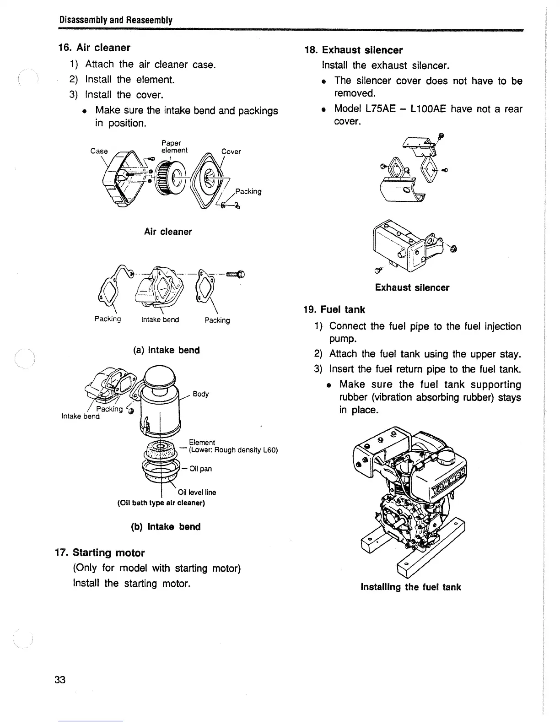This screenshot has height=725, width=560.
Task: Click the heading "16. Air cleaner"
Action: click(x=94, y=48)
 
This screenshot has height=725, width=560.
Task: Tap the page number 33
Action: click(x=60, y=680)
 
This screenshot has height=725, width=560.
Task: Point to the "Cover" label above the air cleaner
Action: click(x=231, y=151)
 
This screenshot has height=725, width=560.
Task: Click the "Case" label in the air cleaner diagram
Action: click(x=99, y=151)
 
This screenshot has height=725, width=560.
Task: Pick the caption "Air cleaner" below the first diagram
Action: click(x=168, y=232)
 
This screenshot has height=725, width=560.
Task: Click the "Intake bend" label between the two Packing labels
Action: click(x=160, y=320)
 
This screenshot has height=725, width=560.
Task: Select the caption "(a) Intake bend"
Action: click(x=167, y=350)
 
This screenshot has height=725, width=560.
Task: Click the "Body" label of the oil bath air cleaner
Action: click(x=201, y=394)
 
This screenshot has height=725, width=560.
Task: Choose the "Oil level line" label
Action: click(x=197, y=492)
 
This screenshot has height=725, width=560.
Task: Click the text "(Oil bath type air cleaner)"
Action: click(x=161, y=503)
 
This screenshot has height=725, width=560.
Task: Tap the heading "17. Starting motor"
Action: click(x=100, y=552)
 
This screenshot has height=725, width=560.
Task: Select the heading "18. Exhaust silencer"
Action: click(x=354, y=50)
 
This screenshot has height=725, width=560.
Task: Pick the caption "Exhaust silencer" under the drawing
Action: click(x=412, y=287)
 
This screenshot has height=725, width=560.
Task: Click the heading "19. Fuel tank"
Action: click(x=334, y=309)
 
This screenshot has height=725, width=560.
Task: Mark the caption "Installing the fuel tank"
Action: click(x=410, y=587)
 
